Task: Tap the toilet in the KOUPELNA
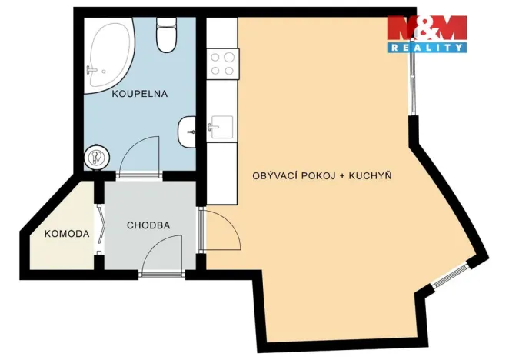[166, 35]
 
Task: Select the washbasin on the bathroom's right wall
[187, 132]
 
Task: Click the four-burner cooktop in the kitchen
[222, 63]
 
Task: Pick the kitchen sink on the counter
[221, 128]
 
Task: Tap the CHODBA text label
[148, 226]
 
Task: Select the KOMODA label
[67, 234]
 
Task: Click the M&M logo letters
[426, 28]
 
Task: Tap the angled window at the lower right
[451, 276]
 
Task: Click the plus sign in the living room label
[341, 176]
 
